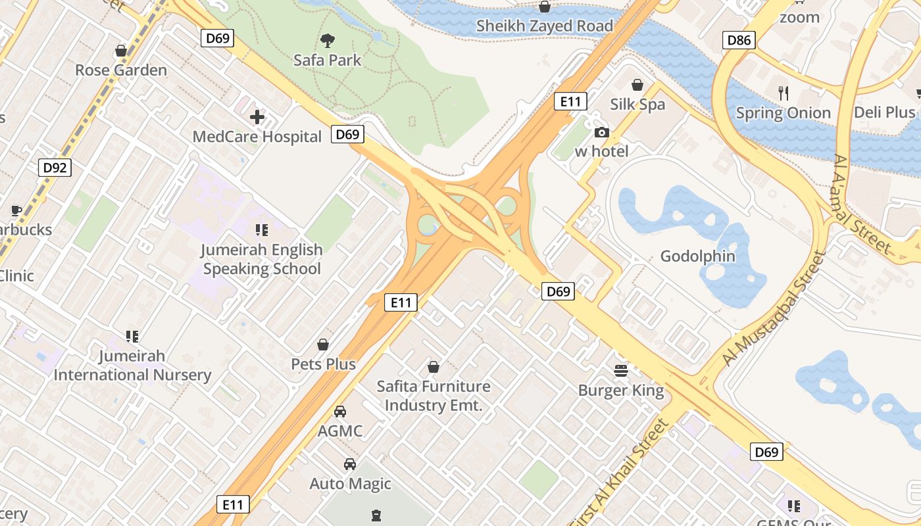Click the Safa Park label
327,60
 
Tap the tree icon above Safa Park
327,41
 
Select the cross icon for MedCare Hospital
257,118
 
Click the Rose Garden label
121,70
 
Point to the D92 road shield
55,168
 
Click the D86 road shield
738,40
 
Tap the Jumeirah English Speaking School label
262,259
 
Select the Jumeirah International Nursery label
132,366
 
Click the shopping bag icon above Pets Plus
323,345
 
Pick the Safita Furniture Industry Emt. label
434,396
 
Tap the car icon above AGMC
339,412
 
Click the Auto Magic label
351,484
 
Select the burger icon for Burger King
620,371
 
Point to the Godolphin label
698,256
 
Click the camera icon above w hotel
601,132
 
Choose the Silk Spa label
637,105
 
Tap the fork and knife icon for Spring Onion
783,93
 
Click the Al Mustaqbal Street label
774,308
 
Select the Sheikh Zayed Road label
545,26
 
